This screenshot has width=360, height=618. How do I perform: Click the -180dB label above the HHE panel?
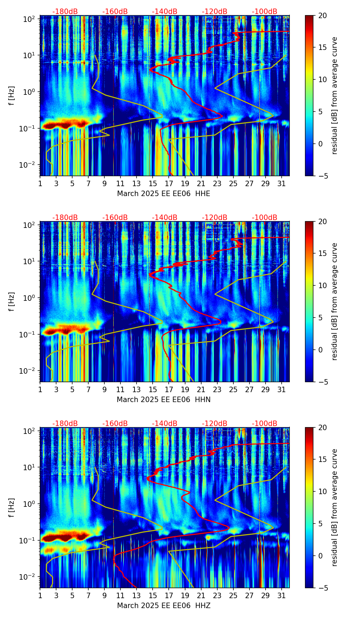[65, 12]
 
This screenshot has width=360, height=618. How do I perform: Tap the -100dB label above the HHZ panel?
[265, 424]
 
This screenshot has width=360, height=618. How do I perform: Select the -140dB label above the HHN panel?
[165, 218]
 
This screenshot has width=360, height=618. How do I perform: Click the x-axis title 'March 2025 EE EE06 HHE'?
[164, 194]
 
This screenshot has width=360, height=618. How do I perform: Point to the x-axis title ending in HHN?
[164, 400]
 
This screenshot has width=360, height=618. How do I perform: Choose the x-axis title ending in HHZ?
[164, 606]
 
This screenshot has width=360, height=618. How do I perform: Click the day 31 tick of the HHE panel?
[282, 183]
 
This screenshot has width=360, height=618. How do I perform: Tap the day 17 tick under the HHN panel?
[169, 389]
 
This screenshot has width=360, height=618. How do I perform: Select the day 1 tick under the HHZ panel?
[40, 595]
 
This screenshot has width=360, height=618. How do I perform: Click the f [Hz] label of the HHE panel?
[12, 96]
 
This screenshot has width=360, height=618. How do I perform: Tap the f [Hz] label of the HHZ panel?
[12, 508]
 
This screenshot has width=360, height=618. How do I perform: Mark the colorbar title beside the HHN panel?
[334, 301]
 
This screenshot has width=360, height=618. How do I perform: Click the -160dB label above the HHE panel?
[115, 12]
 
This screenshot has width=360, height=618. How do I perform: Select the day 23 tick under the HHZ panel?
[217, 595]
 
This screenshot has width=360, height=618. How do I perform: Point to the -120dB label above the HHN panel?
[215, 218]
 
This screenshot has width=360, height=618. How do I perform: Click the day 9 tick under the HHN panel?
[104, 389]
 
